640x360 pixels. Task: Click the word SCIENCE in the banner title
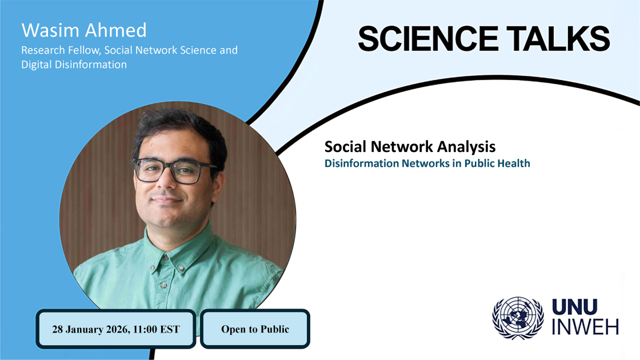(x=428, y=39)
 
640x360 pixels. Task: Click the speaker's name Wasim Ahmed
(x=84, y=30)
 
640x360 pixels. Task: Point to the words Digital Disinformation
(x=74, y=65)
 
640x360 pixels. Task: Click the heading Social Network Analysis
(x=410, y=146)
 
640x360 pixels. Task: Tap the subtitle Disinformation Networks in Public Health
(x=427, y=163)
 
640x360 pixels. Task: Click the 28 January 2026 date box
(x=116, y=329)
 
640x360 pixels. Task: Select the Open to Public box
(x=255, y=329)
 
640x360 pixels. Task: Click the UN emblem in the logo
(x=518, y=318)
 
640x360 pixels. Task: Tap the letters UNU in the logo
(x=575, y=307)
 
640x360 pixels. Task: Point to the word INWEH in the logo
(x=586, y=326)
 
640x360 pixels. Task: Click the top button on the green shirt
(x=166, y=258)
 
